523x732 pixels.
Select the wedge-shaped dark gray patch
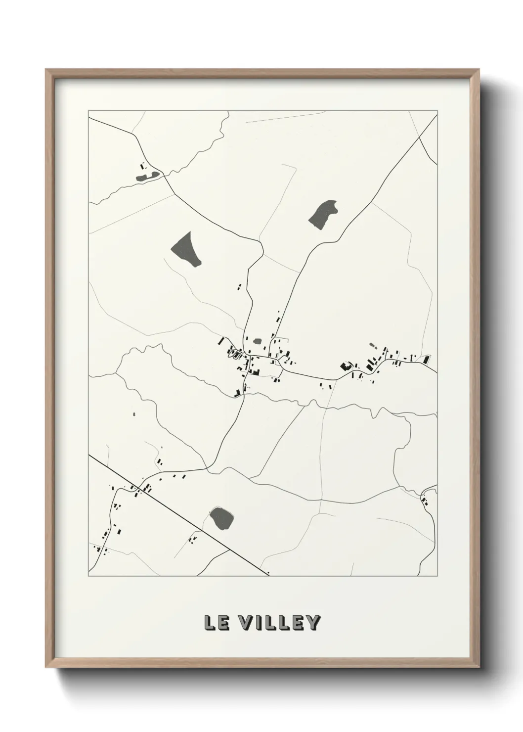click(187, 248)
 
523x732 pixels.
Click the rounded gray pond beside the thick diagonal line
click(221, 518)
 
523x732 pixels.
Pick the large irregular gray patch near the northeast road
click(323, 214)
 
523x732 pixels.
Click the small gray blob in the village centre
click(257, 341)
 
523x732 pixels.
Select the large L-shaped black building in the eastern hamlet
click(345, 366)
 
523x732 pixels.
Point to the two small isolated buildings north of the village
click(240, 286)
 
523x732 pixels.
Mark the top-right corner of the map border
click(437, 111)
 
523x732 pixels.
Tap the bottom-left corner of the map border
click(89, 576)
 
